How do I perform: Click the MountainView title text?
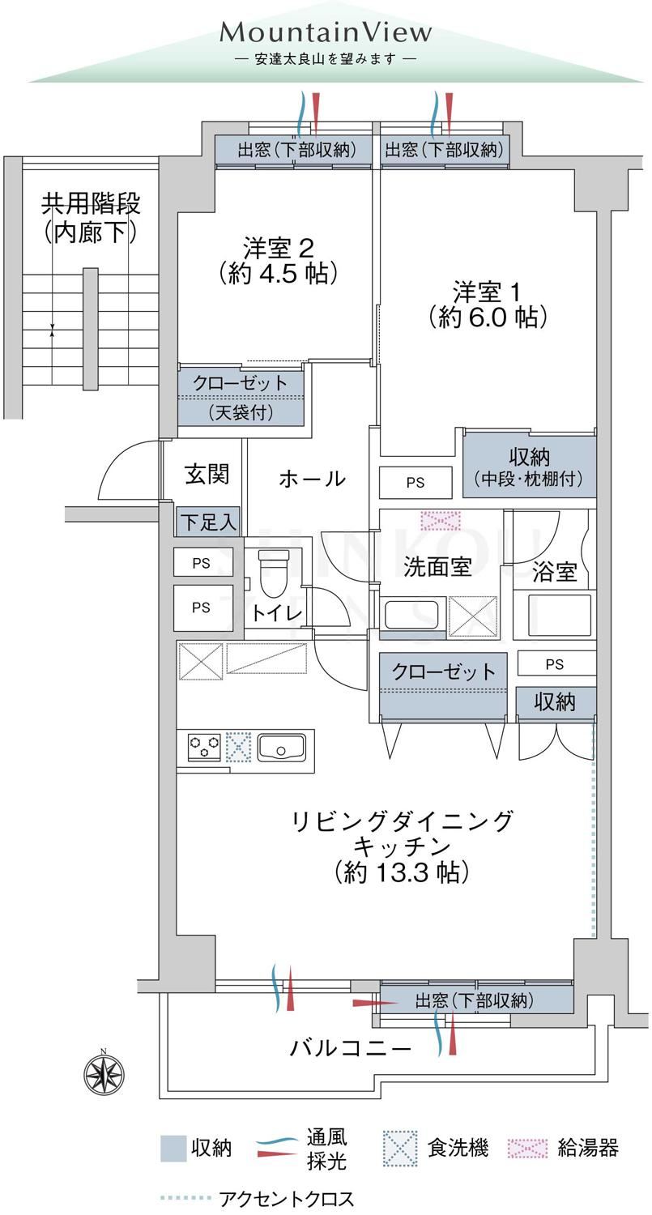[x=326, y=33]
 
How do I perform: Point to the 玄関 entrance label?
[x=207, y=475]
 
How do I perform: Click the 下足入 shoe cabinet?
[x=208, y=522]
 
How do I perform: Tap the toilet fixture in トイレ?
[x=275, y=573]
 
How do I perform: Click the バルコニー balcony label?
[x=351, y=1048]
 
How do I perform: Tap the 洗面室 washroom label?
[x=437, y=567]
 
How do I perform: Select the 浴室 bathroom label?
[x=554, y=572]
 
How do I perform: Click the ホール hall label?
[x=312, y=479]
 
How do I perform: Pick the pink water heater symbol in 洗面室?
[x=441, y=521]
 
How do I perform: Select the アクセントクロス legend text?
[x=287, y=1198]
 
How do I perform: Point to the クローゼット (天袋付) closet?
[x=241, y=398]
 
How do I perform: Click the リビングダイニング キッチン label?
[x=402, y=846]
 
